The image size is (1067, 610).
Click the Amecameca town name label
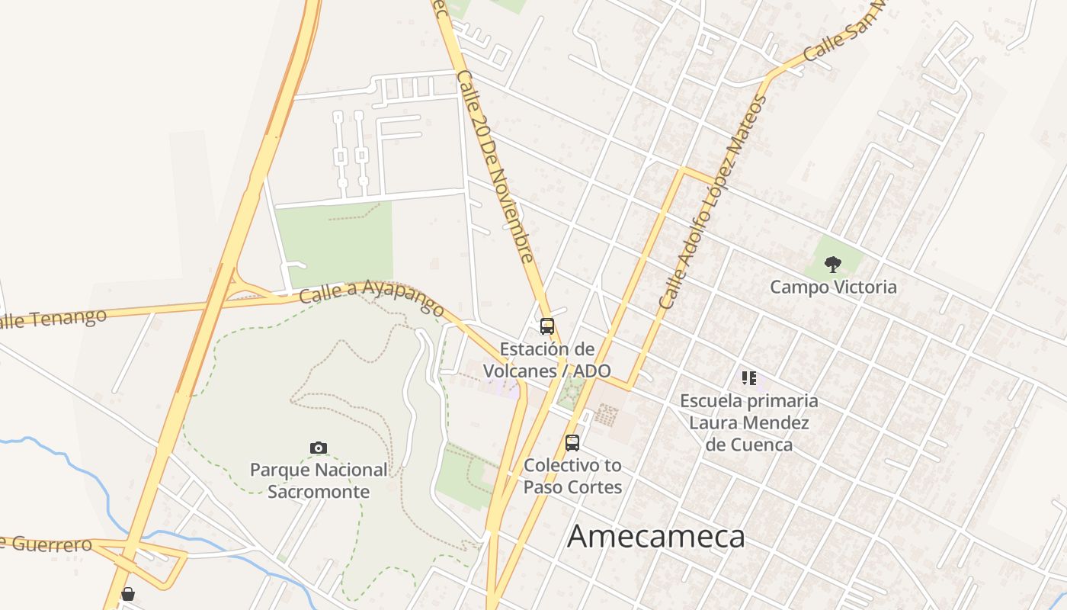[x=656, y=537]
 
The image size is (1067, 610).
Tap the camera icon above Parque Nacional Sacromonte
[x=319, y=448]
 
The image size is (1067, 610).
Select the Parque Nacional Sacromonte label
[x=319, y=480]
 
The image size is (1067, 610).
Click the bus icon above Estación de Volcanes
[x=546, y=326]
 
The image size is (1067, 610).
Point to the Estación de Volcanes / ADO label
[x=546, y=360]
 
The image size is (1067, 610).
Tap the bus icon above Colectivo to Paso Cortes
[x=572, y=442]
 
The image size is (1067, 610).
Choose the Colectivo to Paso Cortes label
[x=572, y=476]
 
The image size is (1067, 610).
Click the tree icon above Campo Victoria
[x=833, y=265]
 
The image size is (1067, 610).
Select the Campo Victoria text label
[x=833, y=287]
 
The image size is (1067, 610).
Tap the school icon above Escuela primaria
[x=748, y=378]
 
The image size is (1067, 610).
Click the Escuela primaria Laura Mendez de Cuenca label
[x=749, y=422]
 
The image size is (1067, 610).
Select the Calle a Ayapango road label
[x=371, y=297]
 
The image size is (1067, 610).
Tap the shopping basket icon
[x=128, y=594]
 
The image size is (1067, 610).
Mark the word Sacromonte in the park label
[x=319, y=492]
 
